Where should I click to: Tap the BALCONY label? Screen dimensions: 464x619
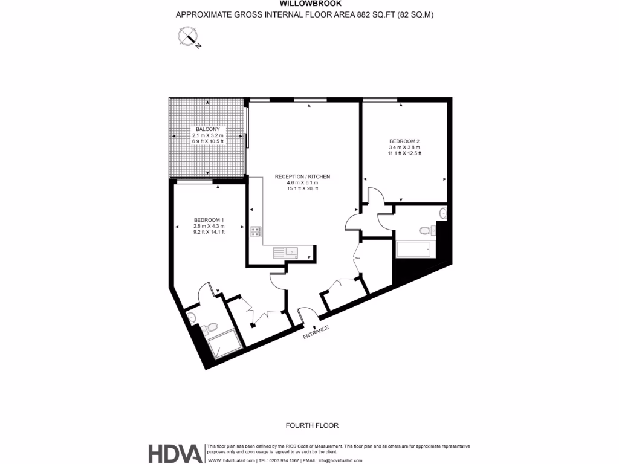[x=207, y=129]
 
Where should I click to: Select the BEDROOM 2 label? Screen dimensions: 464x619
[x=404, y=141]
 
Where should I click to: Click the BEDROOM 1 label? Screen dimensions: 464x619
[x=209, y=220]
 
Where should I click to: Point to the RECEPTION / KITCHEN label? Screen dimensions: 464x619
[x=303, y=176]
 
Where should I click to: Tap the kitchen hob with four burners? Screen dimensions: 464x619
[x=255, y=232]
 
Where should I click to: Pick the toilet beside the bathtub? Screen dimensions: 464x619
[x=426, y=230]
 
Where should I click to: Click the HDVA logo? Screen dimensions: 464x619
[x=175, y=453]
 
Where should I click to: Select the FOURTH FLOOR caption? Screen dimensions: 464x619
[x=313, y=425]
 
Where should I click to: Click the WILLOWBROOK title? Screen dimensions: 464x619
[x=305, y=4]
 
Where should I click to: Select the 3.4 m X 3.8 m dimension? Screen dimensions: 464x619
[x=404, y=147]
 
